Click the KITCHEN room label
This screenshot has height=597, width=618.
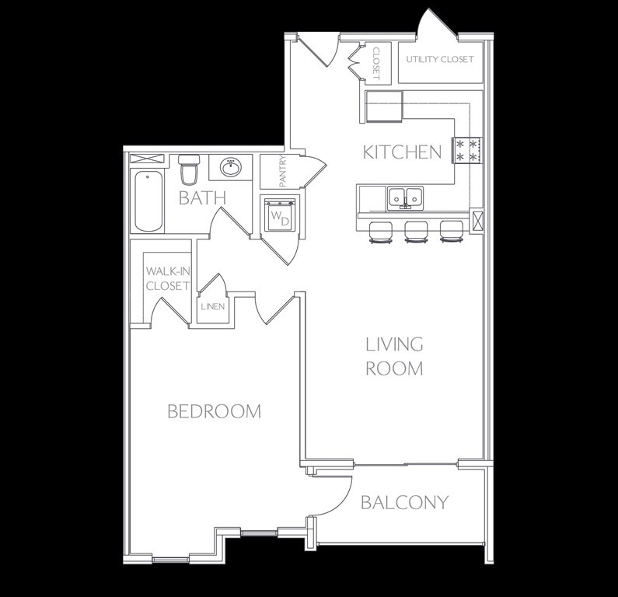[x=402, y=152]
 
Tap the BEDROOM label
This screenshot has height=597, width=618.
[x=215, y=411]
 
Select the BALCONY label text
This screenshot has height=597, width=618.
[x=405, y=502]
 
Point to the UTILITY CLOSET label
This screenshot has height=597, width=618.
[x=440, y=60]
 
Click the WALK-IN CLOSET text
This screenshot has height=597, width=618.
[x=168, y=278]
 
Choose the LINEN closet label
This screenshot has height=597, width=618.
[x=213, y=306]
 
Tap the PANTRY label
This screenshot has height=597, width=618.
[x=283, y=172]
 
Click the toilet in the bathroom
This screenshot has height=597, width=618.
[x=189, y=170]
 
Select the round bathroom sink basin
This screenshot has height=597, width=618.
[x=231, y=167]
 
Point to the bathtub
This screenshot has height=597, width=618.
[x=148, y=201]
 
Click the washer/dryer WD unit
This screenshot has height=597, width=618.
[x=280, y=216]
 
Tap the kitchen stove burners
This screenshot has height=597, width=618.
[x=468, y=150]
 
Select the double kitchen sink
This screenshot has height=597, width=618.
[x=405, y=198]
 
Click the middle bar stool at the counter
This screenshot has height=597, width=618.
[x=416, y=232]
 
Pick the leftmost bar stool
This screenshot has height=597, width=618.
[x=381, y=232]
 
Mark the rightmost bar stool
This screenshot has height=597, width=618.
[x=452, y=232]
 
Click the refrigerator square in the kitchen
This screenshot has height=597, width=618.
[x=384, y=106]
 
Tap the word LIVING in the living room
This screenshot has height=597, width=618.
[x=395, y=344]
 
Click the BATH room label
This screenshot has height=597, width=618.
[x=203, y=197]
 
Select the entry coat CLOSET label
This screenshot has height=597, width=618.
[x=376, y=64]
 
